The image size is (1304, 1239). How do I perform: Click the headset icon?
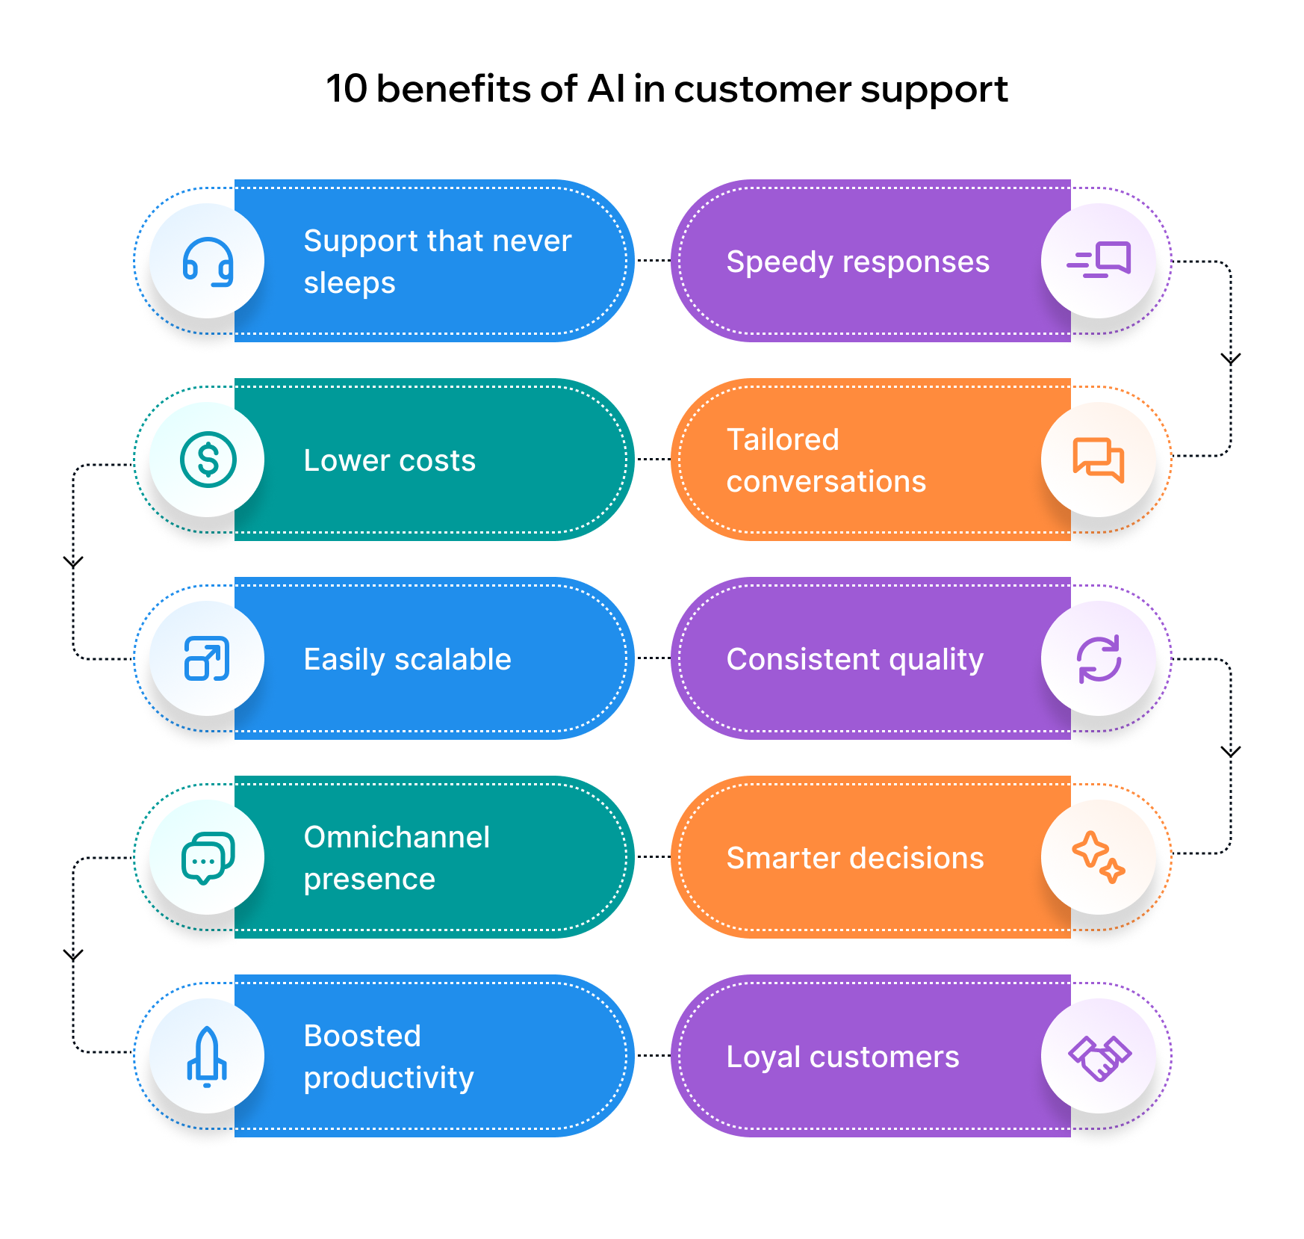pyautogui.click(x=208, y=262)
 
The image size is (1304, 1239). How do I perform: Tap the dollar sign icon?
pyautogui.click(x=208, y=460)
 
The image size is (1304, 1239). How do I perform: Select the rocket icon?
pyautogui.click(x=207, y=1056)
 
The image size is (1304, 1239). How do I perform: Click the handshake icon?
pyautogui.click(x=1099, y=1057)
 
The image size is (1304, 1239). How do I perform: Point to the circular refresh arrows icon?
pyautogui.click(x=1099, y=658)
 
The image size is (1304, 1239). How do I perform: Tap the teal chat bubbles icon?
pyautogui.click(x=208, y=858)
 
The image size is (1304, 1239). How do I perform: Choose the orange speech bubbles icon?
pyautogui.click(x=1098, y=460)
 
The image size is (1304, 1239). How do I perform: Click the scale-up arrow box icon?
pyautogui.click(x=207, y=658)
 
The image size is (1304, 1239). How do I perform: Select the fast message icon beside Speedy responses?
pyautogui.click(x=1099, y=260)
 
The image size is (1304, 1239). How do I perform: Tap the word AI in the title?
pyautogui.click(x=606, y=89)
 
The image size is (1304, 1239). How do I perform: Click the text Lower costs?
pyautogui.click(x=389, y=460)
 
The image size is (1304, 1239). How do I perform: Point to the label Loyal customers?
pyautogui.click(x=842, y=1057)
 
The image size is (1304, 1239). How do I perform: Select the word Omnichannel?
pyautogui.click(x=397, y=837)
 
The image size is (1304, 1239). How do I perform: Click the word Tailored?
pyautogui.click(x=783, y=439)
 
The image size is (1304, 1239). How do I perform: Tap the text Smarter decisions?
pyautogui.click(x=855, y=858)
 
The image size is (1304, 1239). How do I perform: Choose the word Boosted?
pyautogui.click(x=362, y=1036)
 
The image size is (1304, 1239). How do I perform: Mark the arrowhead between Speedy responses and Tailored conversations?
pyautogui.click(x=1230, y=359)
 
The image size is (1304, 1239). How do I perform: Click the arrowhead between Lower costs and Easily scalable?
pyautogui.click(x=73, y=562)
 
